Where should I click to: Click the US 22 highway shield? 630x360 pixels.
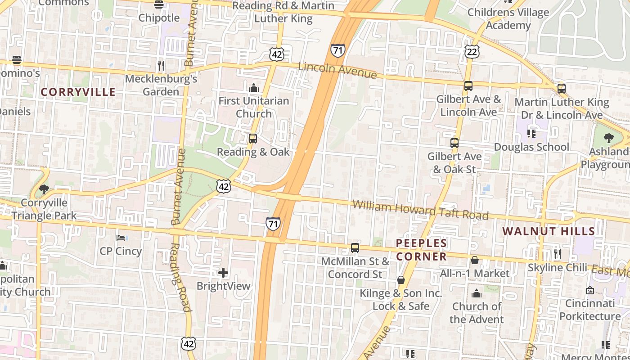coord(472,52)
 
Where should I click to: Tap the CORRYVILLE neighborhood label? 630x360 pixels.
coord(78,92)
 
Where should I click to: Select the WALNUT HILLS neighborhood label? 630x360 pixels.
coord(549,231)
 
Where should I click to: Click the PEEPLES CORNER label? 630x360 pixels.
coord(422,250)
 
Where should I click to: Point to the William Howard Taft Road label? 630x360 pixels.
coord(420,210)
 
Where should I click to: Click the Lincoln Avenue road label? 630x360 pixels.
coord(337,70)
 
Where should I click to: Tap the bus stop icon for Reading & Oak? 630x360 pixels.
coord(253,138)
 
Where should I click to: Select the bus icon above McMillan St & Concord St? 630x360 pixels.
coord(355,247)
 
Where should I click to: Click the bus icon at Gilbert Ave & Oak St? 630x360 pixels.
coord(454,143)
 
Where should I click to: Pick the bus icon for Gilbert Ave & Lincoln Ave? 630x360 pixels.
coord(468,85)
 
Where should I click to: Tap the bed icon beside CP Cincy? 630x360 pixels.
coord(121,238)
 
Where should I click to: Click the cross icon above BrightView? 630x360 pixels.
coord(223,272)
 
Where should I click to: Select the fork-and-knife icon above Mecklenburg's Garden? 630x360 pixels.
coord(161,66)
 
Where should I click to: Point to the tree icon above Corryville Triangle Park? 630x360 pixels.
coord(44,189)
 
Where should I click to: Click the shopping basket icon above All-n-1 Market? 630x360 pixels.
coord(475,260)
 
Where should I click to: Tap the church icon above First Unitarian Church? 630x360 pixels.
coord(254,87)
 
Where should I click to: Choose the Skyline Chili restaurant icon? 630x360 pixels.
coord(558,254)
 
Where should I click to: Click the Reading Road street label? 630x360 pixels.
coord(180,277)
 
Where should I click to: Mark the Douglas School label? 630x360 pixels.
coord(531,147)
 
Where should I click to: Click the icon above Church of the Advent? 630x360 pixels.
coord(477,294)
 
